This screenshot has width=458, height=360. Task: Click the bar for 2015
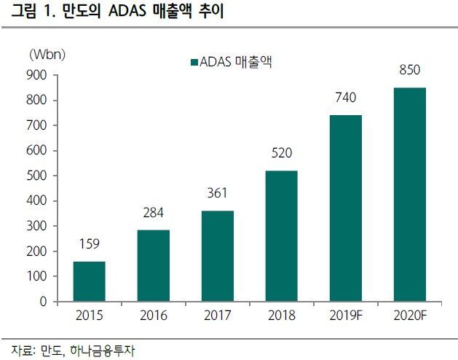tap(89, 281)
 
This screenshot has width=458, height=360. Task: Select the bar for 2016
tap(153, 265)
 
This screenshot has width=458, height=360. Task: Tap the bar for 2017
tap(217, 256)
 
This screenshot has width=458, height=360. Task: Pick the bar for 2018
tap(281, 235)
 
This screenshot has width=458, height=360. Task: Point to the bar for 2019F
tap(345, 208)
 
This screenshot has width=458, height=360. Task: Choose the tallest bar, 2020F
tap(409, 194)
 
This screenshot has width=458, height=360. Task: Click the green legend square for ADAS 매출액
tap(194, 63)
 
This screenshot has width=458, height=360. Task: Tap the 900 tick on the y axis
tap(36, 75)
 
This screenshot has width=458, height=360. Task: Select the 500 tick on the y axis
tap(36, 176)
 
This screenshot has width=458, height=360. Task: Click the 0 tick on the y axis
tap(43, 301)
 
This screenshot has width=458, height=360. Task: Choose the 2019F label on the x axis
tap(345, 316)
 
